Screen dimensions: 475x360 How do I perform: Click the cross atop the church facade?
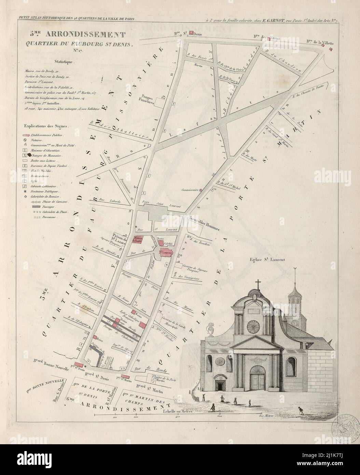click(x=258, y=284)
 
